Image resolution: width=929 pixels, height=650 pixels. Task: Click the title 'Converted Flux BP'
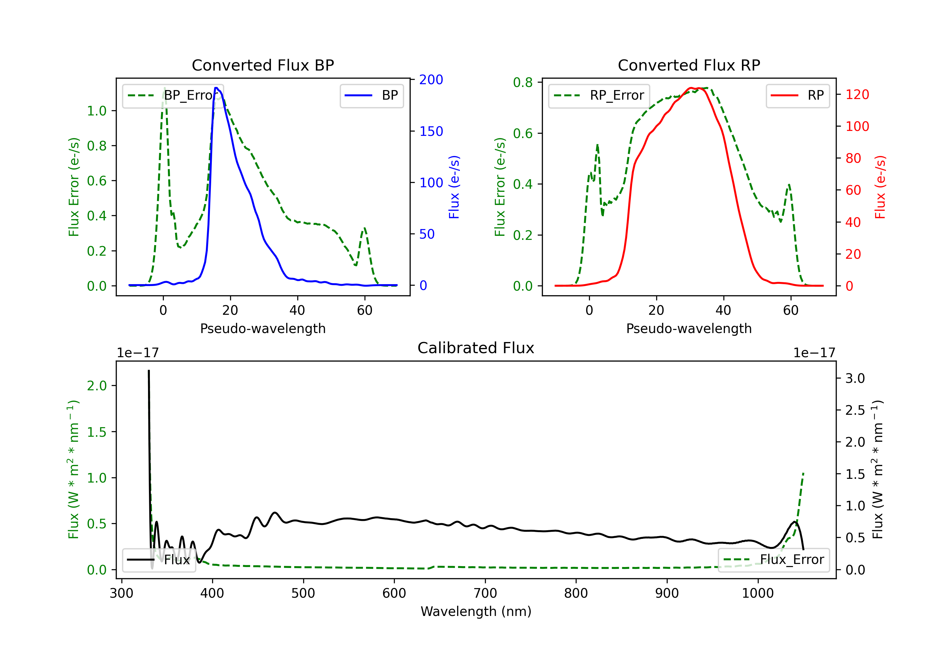click(263, 65)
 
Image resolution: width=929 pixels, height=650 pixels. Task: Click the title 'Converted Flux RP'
click(689, 65)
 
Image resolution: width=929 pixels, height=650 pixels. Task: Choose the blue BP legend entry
click(371, 95)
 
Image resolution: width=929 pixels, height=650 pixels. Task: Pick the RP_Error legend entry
click(599, 95)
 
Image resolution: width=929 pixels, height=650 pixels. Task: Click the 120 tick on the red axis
click(857, 95)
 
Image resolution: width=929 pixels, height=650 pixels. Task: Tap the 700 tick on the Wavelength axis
click(485, 593)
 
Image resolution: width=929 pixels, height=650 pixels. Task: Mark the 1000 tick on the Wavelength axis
click(757, 593)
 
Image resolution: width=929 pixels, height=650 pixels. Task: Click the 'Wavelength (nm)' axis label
click(476, 611)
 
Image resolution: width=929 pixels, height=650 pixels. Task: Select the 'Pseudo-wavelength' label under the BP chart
click(263, 328)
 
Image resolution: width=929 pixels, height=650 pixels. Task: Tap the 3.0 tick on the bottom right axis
click(855, 379)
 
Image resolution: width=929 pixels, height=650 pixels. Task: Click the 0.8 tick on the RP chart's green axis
click(522, 83)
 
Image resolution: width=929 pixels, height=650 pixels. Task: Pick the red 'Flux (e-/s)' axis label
click(880, 187)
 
